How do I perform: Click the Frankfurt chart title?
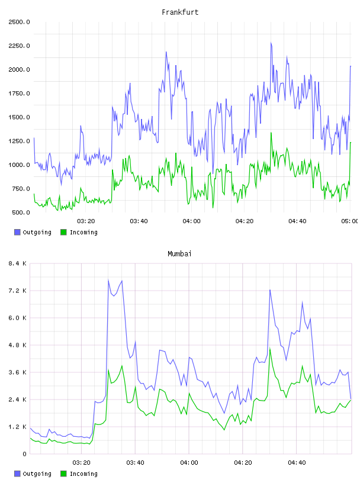coord(180,12)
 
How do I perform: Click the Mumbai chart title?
coord(179,254)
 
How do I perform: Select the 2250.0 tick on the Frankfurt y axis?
coord(19,46)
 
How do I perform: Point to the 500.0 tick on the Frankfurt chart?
coord(21,212)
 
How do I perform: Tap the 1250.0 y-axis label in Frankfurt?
coord(19,141)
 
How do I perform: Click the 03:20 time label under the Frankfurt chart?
coord(86,221)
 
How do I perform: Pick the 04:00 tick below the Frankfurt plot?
coord(191,221)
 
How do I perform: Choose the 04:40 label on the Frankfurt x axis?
coord(297,221)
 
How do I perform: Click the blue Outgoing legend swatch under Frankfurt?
coord(17,232)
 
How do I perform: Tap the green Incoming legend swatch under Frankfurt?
coord(63,232)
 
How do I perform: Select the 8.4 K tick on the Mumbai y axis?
coord(17,263)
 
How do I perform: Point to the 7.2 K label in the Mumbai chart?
coord(17,291)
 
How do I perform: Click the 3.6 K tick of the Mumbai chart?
coord(17,372)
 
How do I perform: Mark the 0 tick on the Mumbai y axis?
coord(24,454)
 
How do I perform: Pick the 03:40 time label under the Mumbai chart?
coord(136,463)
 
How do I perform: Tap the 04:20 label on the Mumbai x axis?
coord(243,463)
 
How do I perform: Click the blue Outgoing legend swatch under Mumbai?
coord(17,474)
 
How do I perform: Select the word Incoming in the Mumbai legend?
coord(83,474)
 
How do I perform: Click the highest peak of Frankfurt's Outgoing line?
coord(271,43)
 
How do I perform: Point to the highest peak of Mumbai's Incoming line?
coord(270,349)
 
